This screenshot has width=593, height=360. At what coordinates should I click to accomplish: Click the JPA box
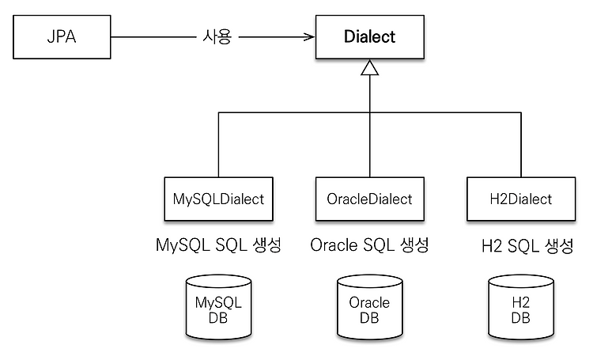pyautogui.click(x=62, y=37)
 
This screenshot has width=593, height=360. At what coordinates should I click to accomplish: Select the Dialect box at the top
pyautogui.click(x=370, y=37)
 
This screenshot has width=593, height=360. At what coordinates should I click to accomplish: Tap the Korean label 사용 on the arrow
pyautogui.click(x=217, y=37)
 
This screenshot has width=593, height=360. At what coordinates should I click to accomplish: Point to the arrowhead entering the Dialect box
pyautogui.click(x=310, y=36)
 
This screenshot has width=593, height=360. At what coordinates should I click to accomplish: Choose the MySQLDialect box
pyautogui.click(x=218, y=199)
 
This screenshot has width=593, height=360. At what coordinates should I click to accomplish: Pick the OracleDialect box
pyautogui.click(x=370, y=199)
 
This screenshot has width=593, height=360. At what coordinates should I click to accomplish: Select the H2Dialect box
pyautogui.click(x=521, y=199)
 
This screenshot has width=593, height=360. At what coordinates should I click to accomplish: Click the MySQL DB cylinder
pyautogui.click(x=218, y=307)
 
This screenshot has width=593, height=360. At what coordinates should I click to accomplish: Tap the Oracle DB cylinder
pyautogui.click(x=369, y=307)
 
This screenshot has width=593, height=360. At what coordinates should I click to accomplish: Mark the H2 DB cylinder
pyautogui.click(x=521, y=307)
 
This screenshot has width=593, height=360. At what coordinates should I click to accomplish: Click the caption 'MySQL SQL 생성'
pyautogui.click(x=218, y=245)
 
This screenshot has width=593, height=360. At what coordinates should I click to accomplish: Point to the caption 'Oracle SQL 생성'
pyautogui.click(x=369, y=245)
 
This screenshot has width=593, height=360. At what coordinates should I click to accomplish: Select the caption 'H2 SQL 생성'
pyautogui.click(x=528, y=246)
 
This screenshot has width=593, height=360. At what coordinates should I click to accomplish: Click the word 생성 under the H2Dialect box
pyautogui.click(x=559, y=246)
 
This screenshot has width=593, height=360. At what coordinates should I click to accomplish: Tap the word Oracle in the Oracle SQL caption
pyautogui.click(x=334, y=245)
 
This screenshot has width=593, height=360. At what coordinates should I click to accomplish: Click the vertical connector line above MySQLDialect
pyautogui.click(x=218, y=145)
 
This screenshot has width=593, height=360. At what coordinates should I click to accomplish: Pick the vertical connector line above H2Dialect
pyautogui.click(x=521, y=145)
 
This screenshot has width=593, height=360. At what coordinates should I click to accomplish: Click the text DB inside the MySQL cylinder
pyautogui.click(x=218, y=318)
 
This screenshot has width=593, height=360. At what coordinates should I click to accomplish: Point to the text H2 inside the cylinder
pyautogui.click(x=521, y=302)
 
